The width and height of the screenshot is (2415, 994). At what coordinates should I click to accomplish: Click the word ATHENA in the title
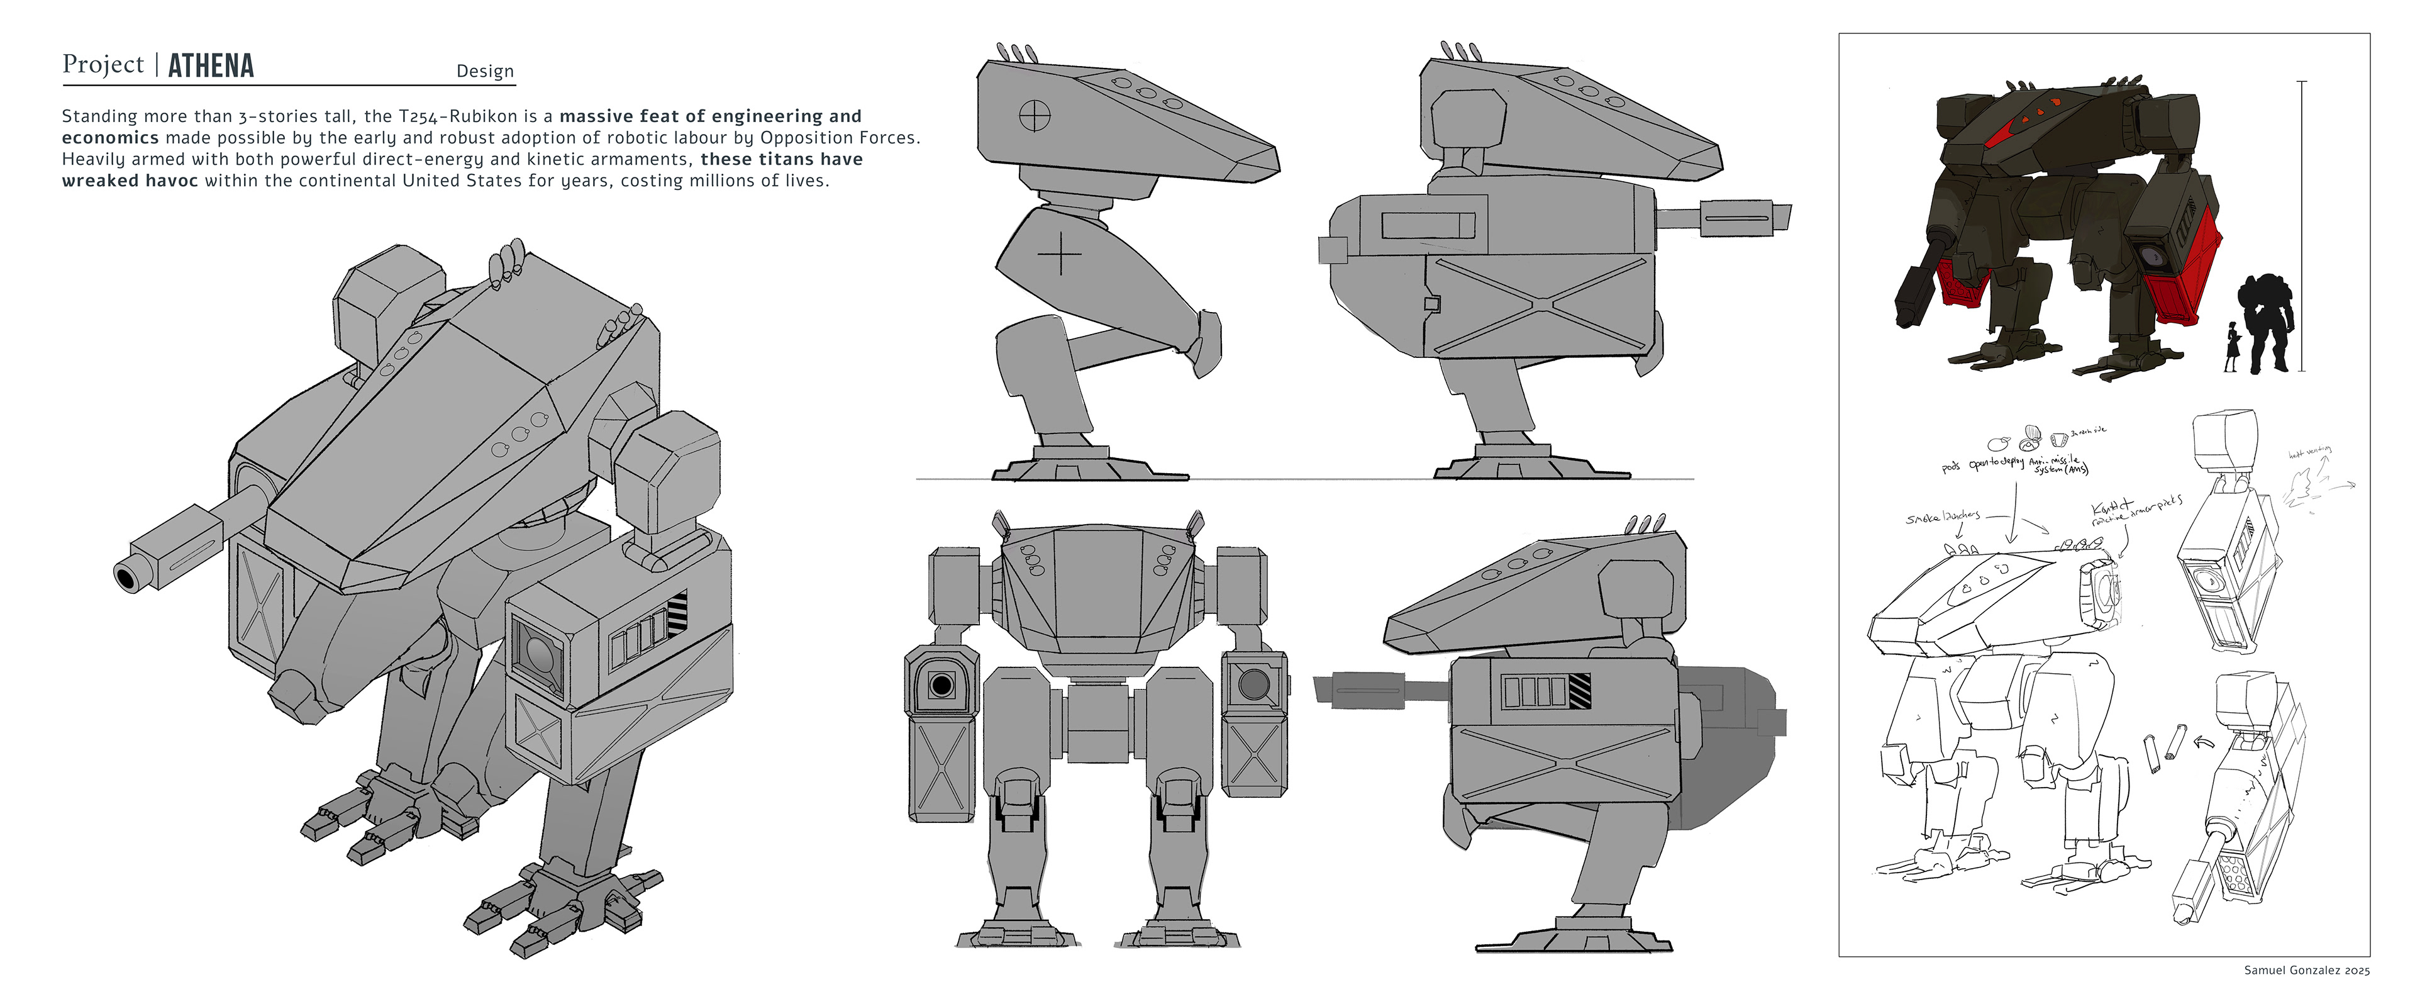pos(211,65)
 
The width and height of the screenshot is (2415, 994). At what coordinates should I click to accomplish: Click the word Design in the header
pos(485,71)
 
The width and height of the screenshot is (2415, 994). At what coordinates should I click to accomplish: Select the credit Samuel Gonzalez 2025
pos(2306,969)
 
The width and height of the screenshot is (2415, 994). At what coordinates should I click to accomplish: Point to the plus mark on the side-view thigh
pos(1059,253)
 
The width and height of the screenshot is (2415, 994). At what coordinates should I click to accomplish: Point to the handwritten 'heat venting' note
pos(2309,453)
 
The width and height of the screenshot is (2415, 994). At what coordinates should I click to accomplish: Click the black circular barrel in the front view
pos(941,684)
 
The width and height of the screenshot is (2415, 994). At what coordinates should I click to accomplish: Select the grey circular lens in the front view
pos(1253,684)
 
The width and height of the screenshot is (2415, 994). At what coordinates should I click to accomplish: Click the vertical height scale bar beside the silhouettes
pos(2302,225)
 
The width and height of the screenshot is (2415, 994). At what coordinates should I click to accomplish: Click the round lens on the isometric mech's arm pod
pos(538,652)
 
